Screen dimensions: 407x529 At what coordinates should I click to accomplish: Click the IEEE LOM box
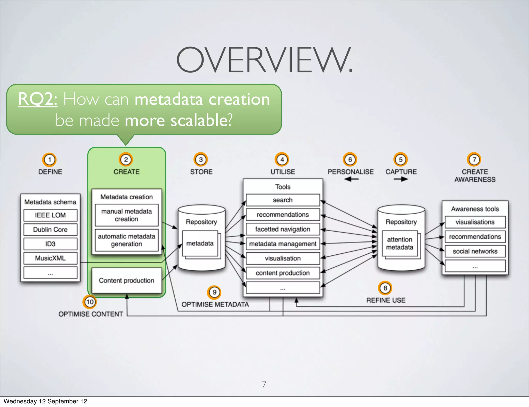click(x=50, y=215)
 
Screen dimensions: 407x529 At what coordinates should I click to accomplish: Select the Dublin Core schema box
click(x=50, y=229)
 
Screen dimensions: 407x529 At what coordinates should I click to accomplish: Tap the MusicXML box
click(x=50, y=258)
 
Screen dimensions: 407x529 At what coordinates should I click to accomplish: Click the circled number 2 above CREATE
click(x=126, y=160)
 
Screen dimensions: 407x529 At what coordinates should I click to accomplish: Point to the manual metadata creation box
click(x=127, y=215)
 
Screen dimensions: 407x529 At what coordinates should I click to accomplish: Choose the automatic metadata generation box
click(x=127, y=240)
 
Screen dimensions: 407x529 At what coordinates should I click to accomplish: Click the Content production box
click(x=127, y=280)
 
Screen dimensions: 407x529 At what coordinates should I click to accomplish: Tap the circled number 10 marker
click(x=90, y=302)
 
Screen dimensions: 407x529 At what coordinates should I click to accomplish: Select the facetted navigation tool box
click(x=283, y=229)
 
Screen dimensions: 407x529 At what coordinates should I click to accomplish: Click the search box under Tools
click(x=283, y=200)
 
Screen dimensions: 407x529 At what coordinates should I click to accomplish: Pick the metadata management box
click(x=283, y=244)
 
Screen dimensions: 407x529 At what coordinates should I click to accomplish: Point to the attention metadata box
click(x=400, y=243)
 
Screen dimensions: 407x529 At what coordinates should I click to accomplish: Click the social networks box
click(x=475, y=251)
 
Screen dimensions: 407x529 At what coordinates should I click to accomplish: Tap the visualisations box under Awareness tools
click(x=475, y=222)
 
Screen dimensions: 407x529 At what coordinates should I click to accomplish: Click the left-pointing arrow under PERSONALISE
click(x=351, y=179)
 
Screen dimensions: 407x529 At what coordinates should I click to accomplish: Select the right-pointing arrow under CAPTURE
click(x=401, y=179)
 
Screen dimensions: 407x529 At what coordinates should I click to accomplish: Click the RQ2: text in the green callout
click(x=38, y=99)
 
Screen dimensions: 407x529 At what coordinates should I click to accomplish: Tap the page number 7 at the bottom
click(x=264, y=384)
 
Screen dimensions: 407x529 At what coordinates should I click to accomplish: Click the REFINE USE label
click(x=386, y=300)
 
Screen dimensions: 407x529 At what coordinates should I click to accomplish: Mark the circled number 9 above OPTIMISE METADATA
click(x=214, y=292)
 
